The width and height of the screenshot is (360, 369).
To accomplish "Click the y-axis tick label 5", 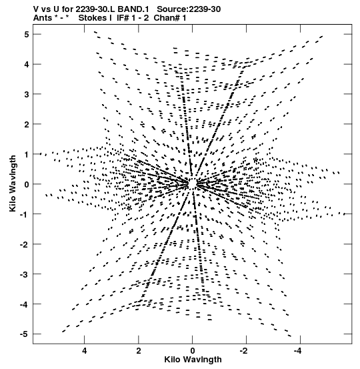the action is [27, 34].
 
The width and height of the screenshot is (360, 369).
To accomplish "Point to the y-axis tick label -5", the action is [25, 334].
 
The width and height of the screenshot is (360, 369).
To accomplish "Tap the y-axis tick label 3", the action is [27, 94].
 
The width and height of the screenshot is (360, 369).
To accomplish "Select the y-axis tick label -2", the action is [25, 244].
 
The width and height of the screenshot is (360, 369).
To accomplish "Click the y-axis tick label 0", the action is [27, 184].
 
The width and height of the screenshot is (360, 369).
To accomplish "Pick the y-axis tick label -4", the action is [25, 304].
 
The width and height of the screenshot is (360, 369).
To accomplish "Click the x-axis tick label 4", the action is [85, 351].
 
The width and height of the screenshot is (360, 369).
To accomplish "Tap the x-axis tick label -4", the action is [297, 351].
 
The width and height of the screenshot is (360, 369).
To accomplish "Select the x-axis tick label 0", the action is [193, 351].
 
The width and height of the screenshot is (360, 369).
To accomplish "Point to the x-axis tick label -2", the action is [243, 351].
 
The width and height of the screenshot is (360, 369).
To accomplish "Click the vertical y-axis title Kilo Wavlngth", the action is [13, 183].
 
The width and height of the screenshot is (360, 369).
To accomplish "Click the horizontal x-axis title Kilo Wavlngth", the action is [193, 360].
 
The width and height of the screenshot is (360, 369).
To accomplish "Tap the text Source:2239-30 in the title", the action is [189, 9].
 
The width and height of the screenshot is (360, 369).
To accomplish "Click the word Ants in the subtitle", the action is [43, 18].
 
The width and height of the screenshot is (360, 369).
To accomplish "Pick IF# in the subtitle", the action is [123, 18].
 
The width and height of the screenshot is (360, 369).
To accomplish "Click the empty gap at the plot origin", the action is [193, 183].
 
